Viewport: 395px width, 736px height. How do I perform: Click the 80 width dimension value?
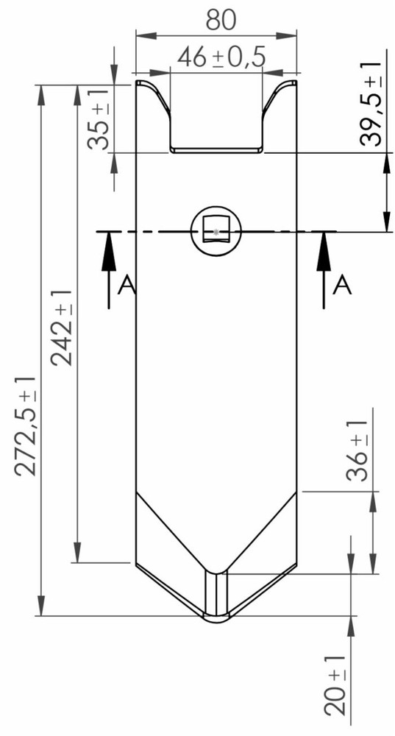point(221,20)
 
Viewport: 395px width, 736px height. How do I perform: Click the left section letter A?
point(127,285)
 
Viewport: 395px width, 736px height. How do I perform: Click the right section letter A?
point(342,285)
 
